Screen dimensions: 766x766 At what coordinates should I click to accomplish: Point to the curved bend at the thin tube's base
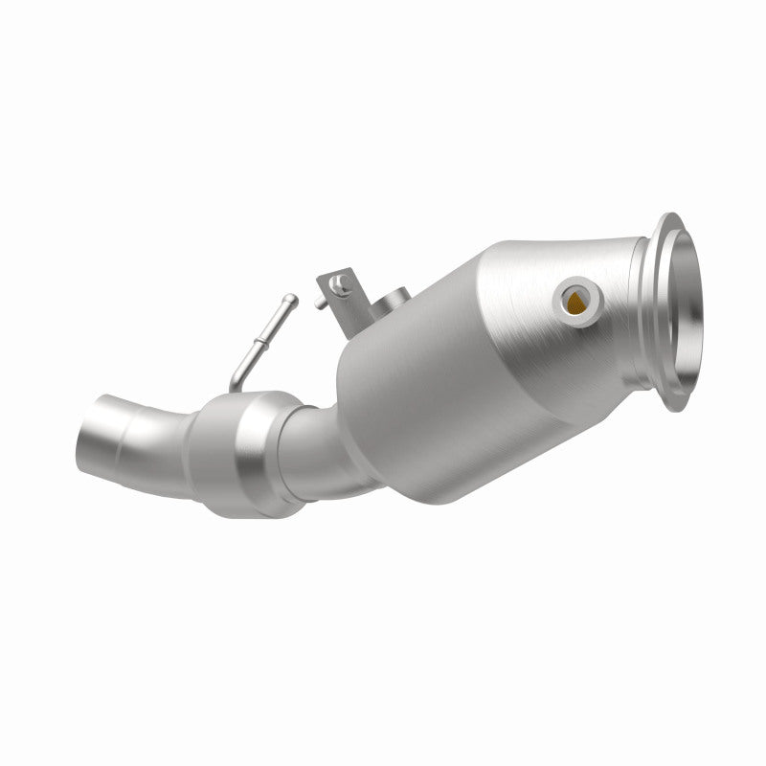[x=240, y=379]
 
